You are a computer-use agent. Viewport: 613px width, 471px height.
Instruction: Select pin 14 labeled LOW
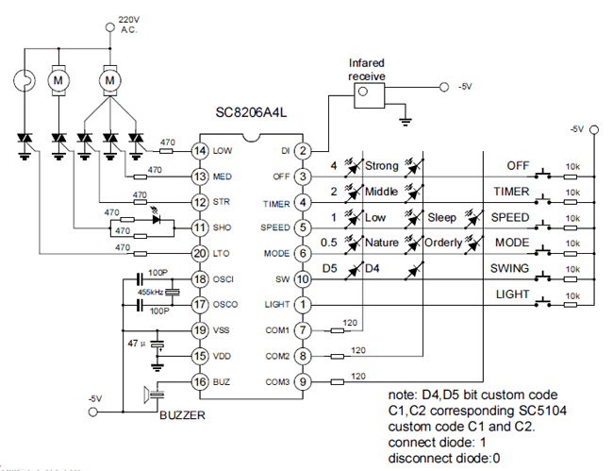coord(199,151)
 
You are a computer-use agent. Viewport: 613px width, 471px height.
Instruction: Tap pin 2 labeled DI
coord(303,151)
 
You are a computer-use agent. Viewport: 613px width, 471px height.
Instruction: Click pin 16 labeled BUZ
coord(199,381)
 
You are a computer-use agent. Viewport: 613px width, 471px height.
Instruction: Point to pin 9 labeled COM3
coord(303,381)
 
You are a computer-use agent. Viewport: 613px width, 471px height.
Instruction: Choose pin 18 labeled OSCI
coord(199,279)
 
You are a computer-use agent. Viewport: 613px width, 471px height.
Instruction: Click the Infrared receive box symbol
coord(359,93)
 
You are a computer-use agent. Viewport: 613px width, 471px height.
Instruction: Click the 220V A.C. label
coord(129,24)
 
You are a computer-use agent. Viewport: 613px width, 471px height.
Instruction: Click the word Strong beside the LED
coord(382,167)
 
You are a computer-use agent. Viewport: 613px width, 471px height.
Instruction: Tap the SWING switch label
coord(511,269)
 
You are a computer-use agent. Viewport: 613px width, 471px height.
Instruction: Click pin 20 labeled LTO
coord(199,253)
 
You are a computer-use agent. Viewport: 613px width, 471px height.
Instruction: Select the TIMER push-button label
coord(511,193)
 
